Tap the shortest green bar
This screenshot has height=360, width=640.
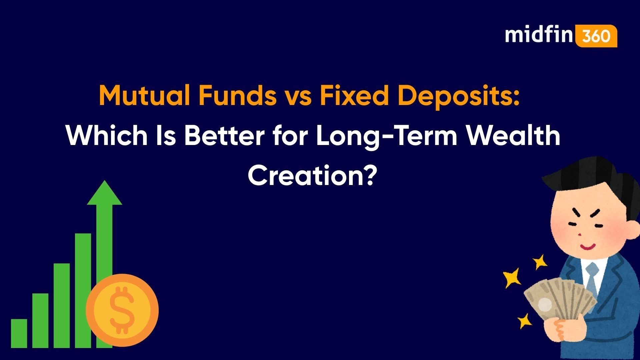19,333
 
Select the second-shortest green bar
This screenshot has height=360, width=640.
40,320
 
